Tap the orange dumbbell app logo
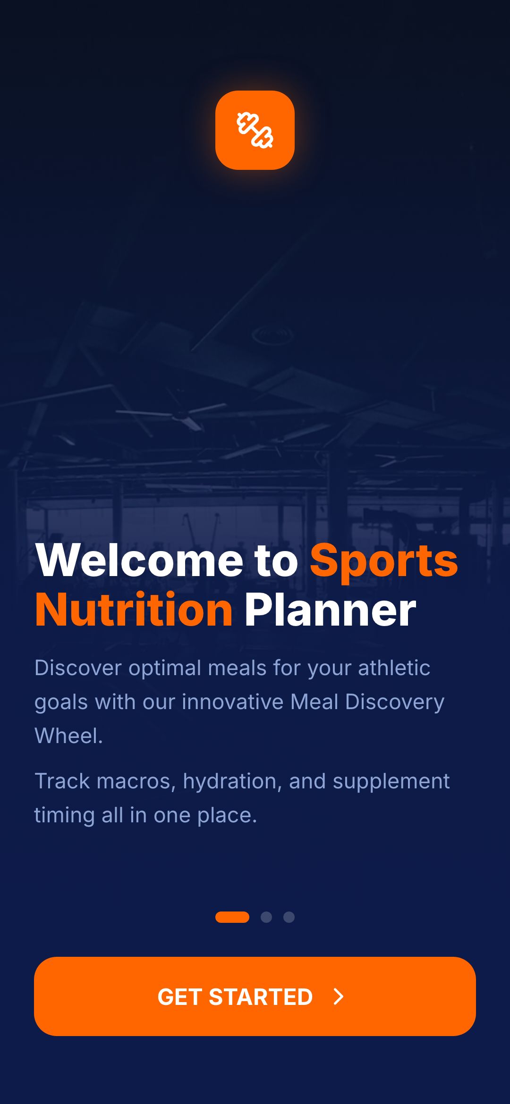pyautogui.click(x=255, y=130)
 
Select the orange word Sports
pyautogui.click(x=384, y=561)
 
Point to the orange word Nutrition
pyautogui.click(x=134, y=610)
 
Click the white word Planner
pyautogui.click(x=330, y=610)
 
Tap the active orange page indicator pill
pyautogui.click(x=232, y=917)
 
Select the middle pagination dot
pyautogui.click(x=266, y=917)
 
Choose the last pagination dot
pyautogui.click(x=289, y=917)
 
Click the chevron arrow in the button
pyautogui.click(x=339, y=996)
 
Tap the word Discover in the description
pyautogui.click(x=78, y=668)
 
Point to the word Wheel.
pyautogui.click(x=69, y=736)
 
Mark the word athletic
pyautogui.click(x=394, y=668)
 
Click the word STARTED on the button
pyautogui.click(x=261, y=997)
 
